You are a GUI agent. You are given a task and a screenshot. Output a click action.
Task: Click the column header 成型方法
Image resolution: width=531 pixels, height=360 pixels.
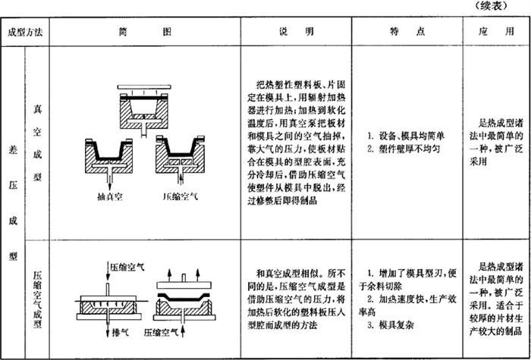[x=24, y=33]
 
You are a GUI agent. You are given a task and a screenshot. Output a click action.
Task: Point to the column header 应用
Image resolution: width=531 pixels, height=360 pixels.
[x=496, y=33]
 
